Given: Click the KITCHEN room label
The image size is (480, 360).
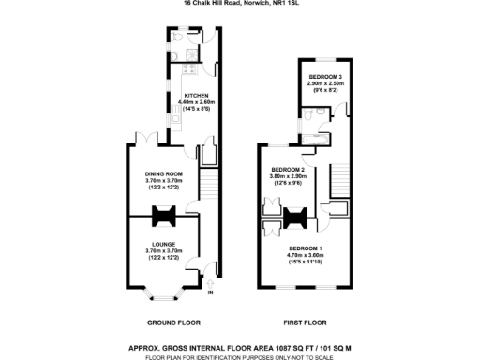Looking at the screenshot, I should [x=196, y=96].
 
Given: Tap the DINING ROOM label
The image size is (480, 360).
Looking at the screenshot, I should [x=163, y=174].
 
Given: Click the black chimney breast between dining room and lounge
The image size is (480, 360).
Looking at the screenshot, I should [x=163, y=217].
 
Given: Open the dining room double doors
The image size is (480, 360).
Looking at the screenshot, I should [x=146, y=140].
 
